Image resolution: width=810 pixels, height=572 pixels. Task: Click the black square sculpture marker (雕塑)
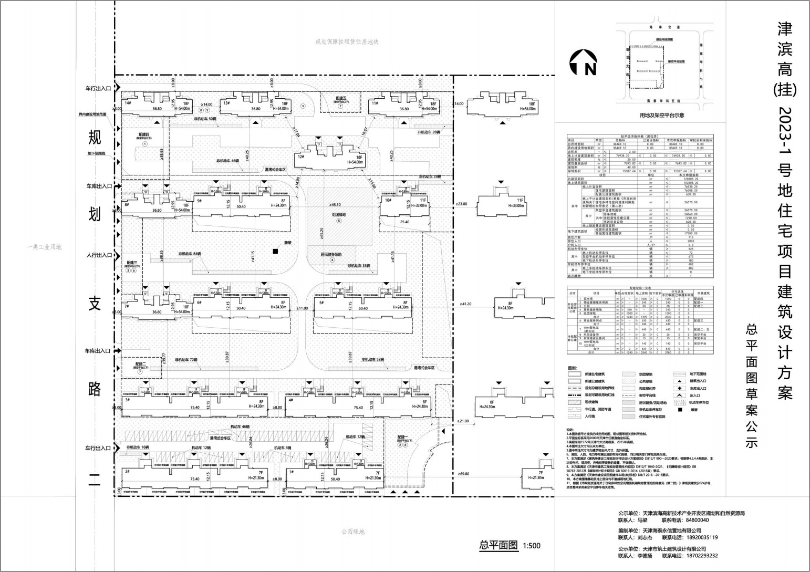(x=275, y=252)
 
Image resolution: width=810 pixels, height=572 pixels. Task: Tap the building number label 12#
(x=301, y=157)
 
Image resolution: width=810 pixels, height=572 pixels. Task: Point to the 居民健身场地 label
(x=332, y=254)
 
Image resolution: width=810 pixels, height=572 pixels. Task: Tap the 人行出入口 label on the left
(x=99, y=255)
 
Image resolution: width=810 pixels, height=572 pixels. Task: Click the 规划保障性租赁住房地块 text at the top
(x=347, y=42)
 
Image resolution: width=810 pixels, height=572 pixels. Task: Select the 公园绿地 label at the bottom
(x=352, y=532)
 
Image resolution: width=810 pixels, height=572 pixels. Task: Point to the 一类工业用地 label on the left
(x=46, y=247)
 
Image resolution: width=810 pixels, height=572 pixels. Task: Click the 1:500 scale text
(x=532, y=546)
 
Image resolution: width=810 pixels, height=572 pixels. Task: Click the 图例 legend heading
(x=572, y=368)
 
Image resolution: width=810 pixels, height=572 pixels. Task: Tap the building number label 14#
(x=128, y=103)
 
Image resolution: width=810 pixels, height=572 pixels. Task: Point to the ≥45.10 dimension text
(x=335, y=205)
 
